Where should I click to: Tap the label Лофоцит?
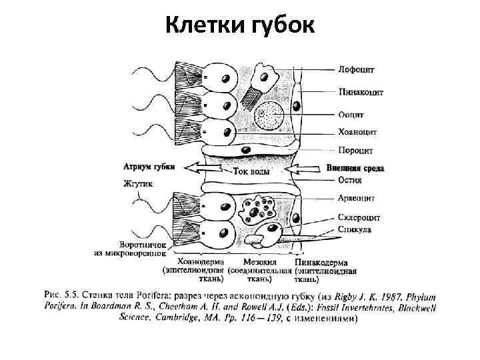click(357, 69)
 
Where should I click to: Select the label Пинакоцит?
click(361, 93)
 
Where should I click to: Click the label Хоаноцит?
click(358, 131)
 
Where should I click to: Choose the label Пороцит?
click(355, 149)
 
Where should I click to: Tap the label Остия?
click(350, 179)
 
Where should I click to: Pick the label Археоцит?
click(357, 198)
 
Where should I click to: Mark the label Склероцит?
click(359, 217)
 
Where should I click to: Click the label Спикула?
click(355, 229)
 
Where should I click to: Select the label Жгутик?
click(138, 183)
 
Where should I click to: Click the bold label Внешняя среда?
click(355, 168)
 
